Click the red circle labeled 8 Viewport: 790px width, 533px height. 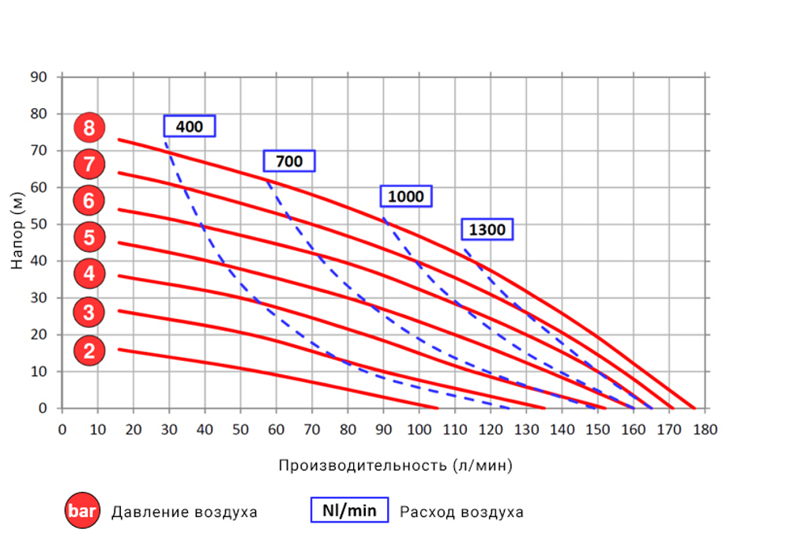coord(89,128)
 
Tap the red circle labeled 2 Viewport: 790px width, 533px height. coord(89,350)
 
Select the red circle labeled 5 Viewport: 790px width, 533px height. coord(89,237)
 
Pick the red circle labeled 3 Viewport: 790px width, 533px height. coord(89,313)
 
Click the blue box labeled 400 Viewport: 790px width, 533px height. coord(190,126)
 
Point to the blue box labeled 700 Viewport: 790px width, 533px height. coord(289,161)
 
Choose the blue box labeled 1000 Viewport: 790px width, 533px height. coord(406,196)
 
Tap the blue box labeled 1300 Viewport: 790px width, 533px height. coord(487,230)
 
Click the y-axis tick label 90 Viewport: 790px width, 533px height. coord(39,77)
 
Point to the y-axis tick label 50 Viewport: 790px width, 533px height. coord(39,224)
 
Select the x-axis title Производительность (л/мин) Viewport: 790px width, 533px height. coord(395,465)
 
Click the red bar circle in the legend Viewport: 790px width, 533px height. coord(82,511)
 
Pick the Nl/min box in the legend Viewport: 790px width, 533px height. coord(349,510)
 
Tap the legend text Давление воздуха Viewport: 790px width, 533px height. coord(184,512)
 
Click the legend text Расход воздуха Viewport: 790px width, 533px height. coord(461,512)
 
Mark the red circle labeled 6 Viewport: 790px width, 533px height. coord(89,201)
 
